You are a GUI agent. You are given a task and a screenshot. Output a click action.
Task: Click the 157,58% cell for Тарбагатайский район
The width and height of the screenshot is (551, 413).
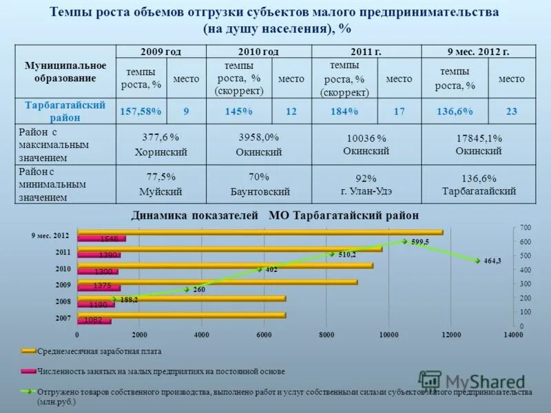click(x=141, y=111)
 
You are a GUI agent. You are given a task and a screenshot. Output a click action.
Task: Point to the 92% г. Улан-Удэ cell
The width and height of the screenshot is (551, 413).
click(x=365, y=184)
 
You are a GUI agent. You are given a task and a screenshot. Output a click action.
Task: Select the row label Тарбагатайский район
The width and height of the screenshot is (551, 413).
click(x=65, y=111)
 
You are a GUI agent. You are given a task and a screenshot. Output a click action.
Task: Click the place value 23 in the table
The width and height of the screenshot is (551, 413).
click(x=511, y=111)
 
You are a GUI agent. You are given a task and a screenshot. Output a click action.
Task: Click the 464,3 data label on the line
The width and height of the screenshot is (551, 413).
click(x=492, y=261)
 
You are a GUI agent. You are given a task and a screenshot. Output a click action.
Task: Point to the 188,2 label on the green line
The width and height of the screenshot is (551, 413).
click(x=129, y=300)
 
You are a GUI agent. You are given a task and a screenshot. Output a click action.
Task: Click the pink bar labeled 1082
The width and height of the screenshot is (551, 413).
click(x=94, y=320)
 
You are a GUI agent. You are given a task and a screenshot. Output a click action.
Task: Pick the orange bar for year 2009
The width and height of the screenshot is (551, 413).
click(x=218, y=282)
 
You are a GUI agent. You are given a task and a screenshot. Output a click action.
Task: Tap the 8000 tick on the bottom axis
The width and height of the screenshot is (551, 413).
click(x=326, y=335)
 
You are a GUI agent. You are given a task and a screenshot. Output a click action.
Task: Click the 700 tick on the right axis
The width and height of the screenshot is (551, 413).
click(x=526, y=227)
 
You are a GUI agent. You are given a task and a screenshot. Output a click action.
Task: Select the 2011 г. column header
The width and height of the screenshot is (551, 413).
click(x=366, y=52)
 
